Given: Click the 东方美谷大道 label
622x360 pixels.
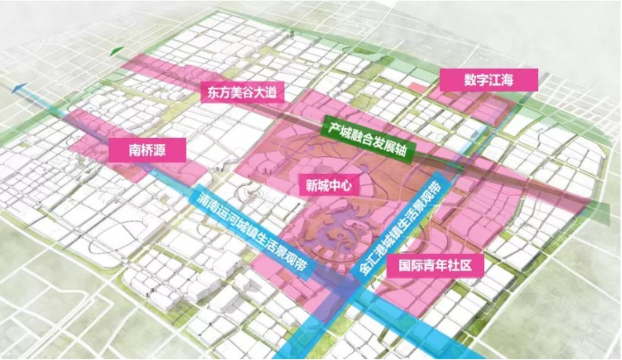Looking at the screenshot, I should pos(239,92).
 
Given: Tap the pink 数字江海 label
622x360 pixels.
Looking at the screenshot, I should pos(489,80).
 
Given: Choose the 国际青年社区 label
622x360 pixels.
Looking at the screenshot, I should pos(435,265).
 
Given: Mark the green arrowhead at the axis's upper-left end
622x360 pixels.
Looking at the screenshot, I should pos(117,52).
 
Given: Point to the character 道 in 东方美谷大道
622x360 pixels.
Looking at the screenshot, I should pos(269,92).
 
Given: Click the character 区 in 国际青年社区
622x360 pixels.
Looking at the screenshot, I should pos(473,265).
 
